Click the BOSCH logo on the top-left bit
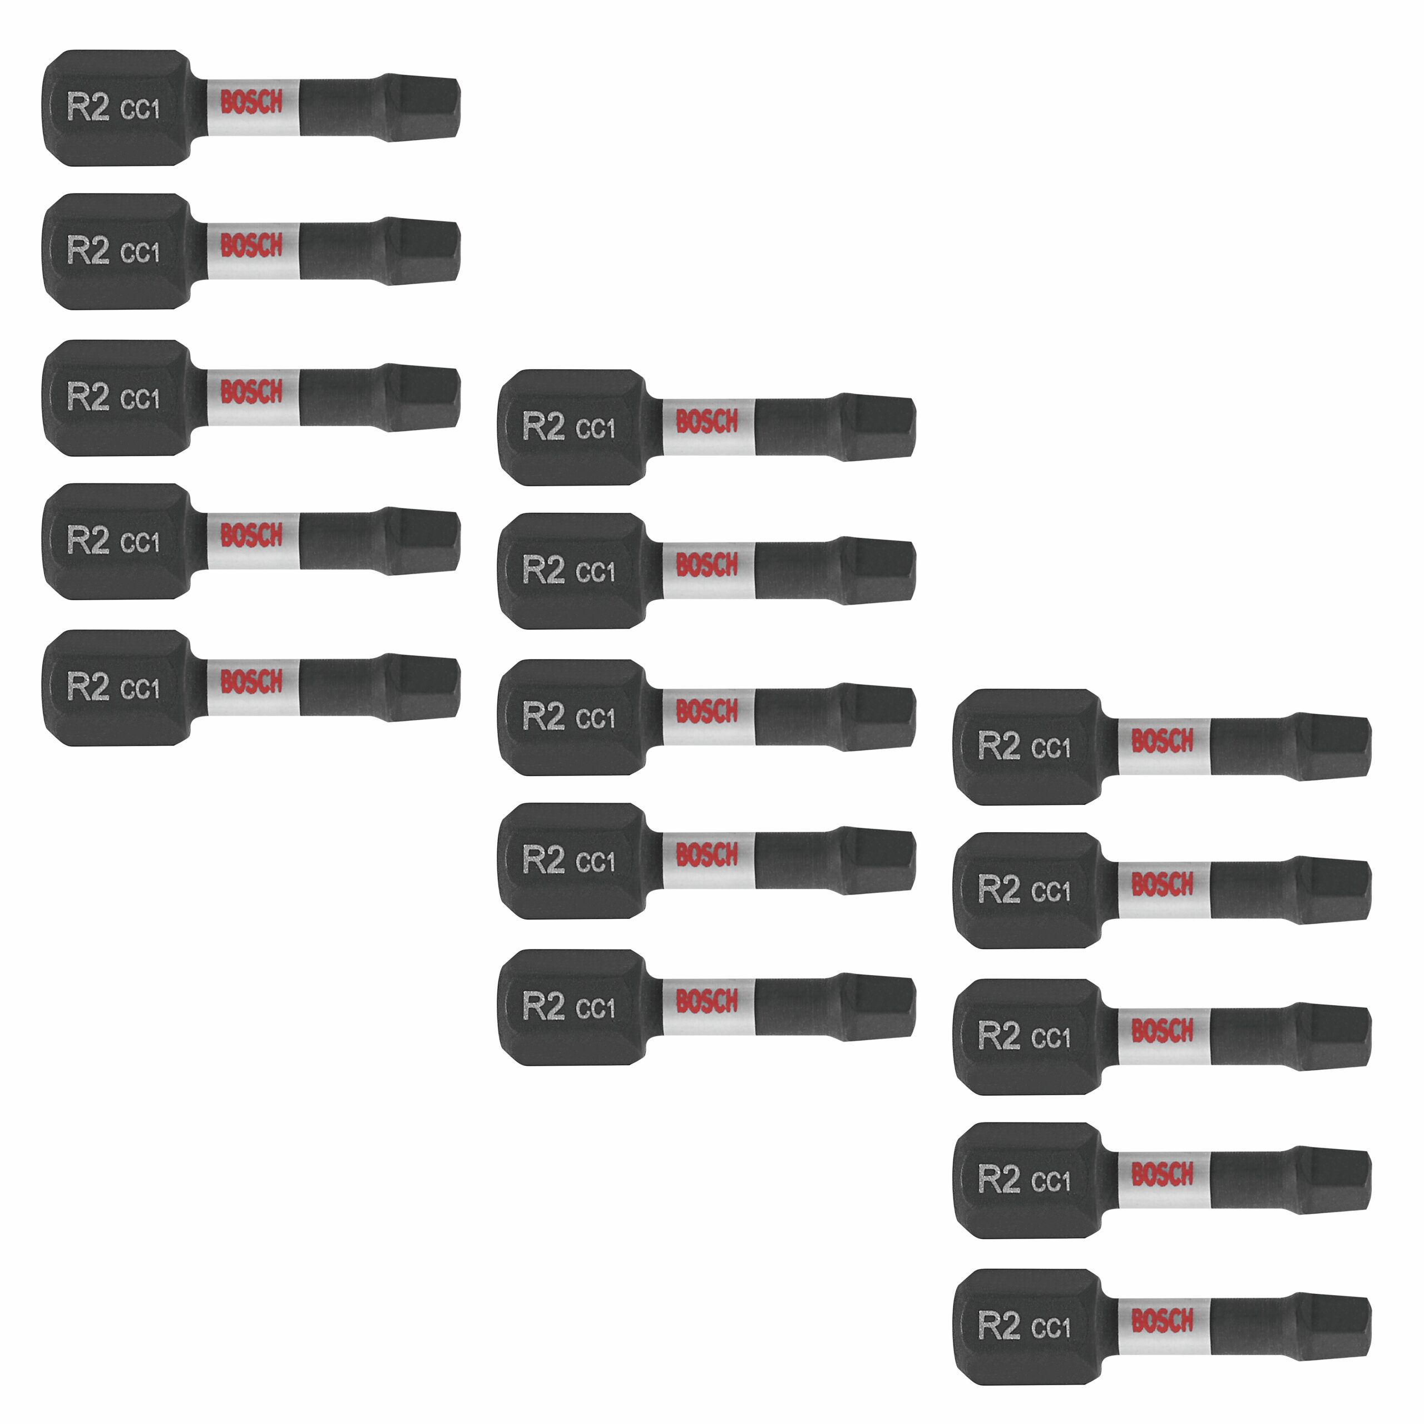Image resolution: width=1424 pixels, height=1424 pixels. click(x=251, y=102)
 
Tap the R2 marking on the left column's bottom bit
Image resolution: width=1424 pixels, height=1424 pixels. click(x=88, y=686)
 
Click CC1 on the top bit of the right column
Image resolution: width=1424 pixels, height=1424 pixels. click(x=1050, y=748)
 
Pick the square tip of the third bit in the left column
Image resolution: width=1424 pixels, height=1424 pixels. click(x=424, y=396)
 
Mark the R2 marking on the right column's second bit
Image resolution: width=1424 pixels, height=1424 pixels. click(x=998, y=889)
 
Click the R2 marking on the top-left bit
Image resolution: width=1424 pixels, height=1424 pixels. click(x=88, y=107)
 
